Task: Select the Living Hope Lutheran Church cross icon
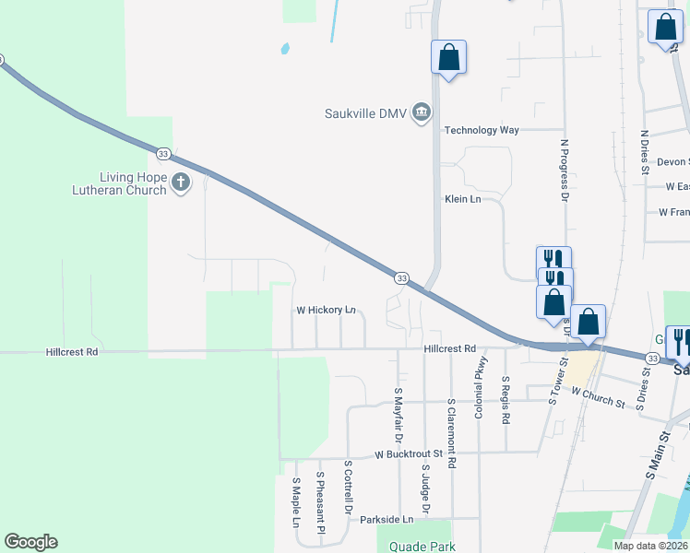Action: (x=180, y=182)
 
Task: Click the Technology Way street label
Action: (x=482, y=131)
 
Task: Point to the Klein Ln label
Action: (x=462, y=199)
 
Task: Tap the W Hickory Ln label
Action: (x=325, y=311)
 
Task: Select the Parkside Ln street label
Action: (x=387, y=520)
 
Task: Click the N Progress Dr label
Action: (x=563, y=171)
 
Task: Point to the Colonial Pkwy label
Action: (x=480, y=394)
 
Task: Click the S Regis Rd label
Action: (x=506, y=400)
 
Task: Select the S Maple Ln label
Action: (x=296, y=502)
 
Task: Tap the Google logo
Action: (x=30, y=542)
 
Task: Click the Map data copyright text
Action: (x=651, y=546)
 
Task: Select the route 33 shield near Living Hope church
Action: (x=163, y=153)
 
